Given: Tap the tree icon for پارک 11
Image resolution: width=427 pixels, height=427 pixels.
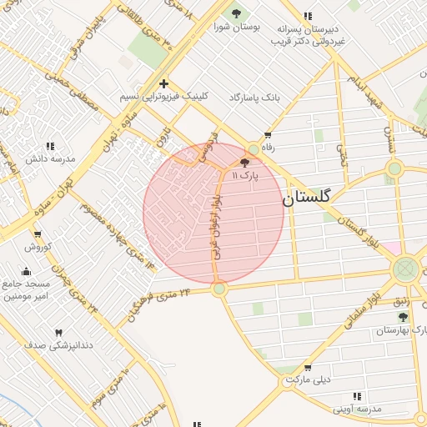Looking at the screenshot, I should (x=244, y=163).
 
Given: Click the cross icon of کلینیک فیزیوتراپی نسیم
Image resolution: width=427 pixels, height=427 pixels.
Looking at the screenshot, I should (x=163, y=83).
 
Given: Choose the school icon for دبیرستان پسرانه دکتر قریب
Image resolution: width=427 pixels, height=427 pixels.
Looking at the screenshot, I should (x=309, y=15).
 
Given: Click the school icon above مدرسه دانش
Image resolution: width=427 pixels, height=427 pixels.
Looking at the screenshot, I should (x=49, y=146).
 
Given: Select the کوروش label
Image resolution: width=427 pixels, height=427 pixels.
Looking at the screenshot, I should (x=38, y=247).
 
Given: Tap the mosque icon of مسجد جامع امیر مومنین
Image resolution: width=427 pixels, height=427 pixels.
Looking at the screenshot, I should (x=26, y=270).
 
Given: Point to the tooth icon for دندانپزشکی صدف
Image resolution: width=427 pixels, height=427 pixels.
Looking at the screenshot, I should (x=58, y=333).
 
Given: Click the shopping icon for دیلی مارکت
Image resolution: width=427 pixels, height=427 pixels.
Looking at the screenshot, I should (x=308, y=367).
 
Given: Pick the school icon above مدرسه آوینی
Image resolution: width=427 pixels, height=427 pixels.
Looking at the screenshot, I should (x=357, y=396).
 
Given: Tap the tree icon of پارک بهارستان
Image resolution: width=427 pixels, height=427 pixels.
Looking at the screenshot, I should (x=403, y=318).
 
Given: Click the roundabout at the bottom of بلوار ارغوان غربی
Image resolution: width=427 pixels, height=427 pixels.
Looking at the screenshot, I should (x=219, y=289).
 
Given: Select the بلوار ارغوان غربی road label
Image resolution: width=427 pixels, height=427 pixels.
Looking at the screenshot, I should (x=216, y=226).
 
